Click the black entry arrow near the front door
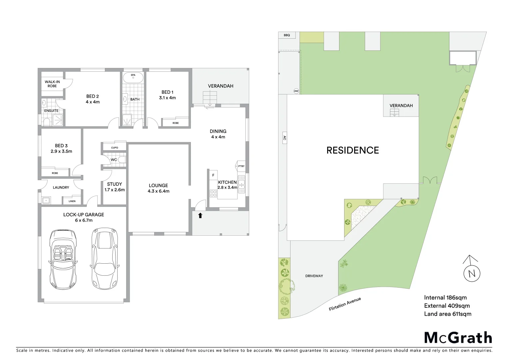(200, 215)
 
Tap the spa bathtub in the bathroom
(133, 77)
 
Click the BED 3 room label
(61, 148)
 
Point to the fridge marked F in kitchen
(213, 175)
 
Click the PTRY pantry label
(241, 166)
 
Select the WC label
(114, 160)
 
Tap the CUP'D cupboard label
(115, 147)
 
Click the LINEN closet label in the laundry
(72, 201)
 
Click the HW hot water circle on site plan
(296, 91)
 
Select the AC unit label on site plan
(284, 138)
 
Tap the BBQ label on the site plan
(287, 35)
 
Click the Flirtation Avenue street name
(345, 304)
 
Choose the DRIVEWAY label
(314, 276)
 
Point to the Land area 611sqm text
(447, 314)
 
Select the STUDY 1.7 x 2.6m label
(114, 187)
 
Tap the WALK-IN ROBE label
(52, 84)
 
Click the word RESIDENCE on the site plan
(352, 150)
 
